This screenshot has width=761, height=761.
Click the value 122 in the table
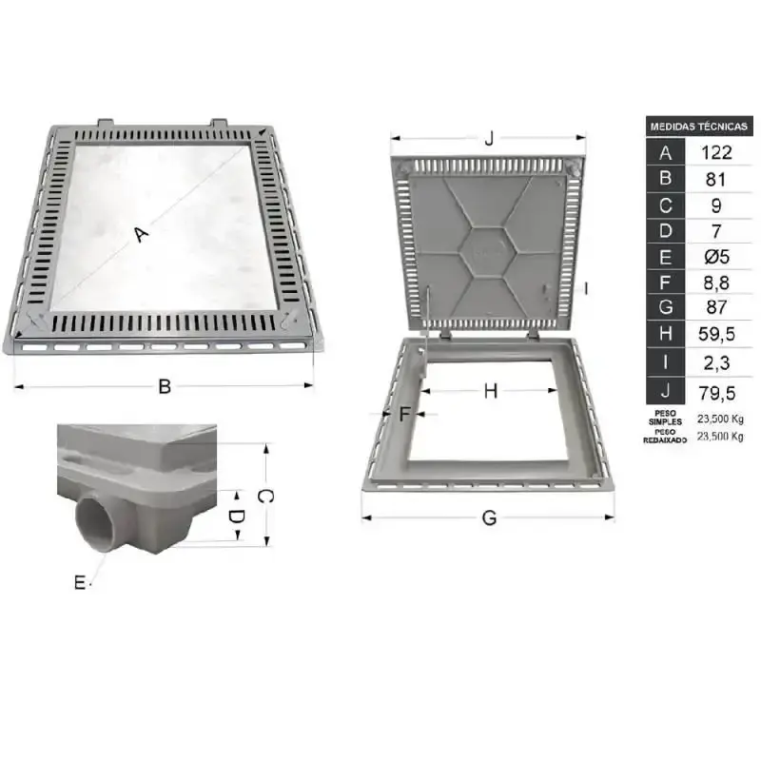coord(716,153)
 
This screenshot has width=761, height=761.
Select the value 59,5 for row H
coord(717,334)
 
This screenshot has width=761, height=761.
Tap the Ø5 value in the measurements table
coord(717,257)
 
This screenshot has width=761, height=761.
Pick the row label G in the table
coord(665,307)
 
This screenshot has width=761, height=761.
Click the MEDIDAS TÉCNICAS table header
coord(699,127)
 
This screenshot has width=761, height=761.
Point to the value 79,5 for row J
coord(717,393)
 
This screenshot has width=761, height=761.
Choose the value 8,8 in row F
coord(716,283)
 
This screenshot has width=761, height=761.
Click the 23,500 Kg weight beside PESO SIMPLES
coord(720,419)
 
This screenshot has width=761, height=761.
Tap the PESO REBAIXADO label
coord(665,436)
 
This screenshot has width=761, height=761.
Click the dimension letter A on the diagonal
coord(141,234)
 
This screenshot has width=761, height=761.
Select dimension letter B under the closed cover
coord(165,387)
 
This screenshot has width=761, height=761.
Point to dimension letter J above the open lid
coord(489,138)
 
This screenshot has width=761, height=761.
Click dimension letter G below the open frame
coord(489,518)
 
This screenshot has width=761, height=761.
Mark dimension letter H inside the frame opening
coord(491,391)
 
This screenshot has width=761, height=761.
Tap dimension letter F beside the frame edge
coord(405,415)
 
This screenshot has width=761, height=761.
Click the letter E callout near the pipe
coord(80,582)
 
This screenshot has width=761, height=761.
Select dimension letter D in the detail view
coord(236,517)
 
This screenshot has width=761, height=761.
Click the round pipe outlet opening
coord(95,524)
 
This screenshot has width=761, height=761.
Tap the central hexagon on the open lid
coord(487,251)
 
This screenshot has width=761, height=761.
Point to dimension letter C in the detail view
coord(265,496)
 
